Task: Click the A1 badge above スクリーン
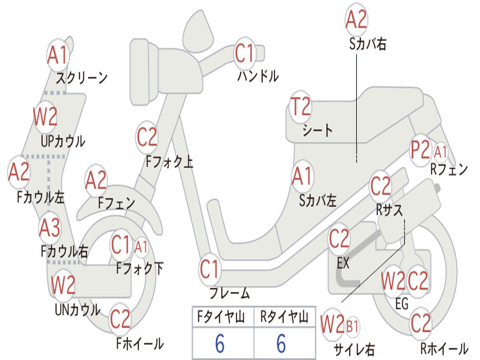coord(58,55)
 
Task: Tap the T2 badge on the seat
coord(300,106)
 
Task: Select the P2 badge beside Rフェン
coord(420,150)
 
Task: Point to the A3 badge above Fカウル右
coord(50,228)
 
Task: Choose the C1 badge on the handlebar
coord(245,53)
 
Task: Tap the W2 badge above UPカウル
coord(45,117)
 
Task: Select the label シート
coord(317,130)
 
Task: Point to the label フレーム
coord(230,293)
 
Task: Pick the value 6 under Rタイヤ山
coord(281,343)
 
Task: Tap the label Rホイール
coord(444,348)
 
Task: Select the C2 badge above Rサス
coord(381,186)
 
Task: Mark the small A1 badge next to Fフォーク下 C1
coord(141,247)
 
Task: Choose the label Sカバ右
coord(367,44)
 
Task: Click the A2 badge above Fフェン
coord(96,180)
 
